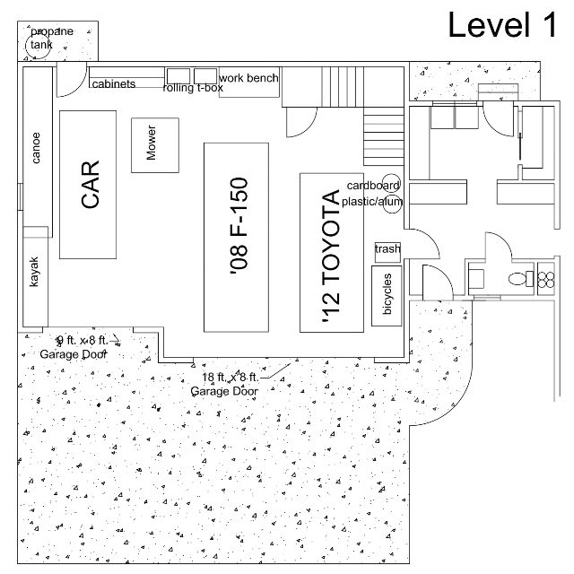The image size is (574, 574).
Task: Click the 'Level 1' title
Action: click(x=502, y=24)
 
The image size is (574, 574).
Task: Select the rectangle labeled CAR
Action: click(x=88, y=185)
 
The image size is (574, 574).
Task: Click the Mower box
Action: click(x=155, y=145)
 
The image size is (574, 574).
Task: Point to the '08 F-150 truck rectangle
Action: click(x=237, y=238)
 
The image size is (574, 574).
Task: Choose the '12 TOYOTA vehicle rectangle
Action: click(x=332, y=253)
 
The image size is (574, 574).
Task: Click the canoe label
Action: click(x=36, y=147)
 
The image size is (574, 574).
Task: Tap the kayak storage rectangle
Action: click(x=36, y=276)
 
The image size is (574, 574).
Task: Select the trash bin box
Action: click(x=387, y=252)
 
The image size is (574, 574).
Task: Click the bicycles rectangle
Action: click(x=387, y=296)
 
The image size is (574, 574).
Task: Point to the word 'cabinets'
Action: click(x=114, y=84)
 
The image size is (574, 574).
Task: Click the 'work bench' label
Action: click(x=248, y=78)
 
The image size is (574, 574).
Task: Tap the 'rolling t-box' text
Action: click(x=193, y=88)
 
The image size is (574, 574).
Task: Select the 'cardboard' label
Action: click(x=373, y=186)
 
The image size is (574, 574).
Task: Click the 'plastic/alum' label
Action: click(x=372, y=202)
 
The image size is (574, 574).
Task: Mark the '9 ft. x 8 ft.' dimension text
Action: click(x=83, y=341)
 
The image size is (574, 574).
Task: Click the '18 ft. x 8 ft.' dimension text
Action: click(x=230, y=377)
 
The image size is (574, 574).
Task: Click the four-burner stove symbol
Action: click(x=546, y=279)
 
